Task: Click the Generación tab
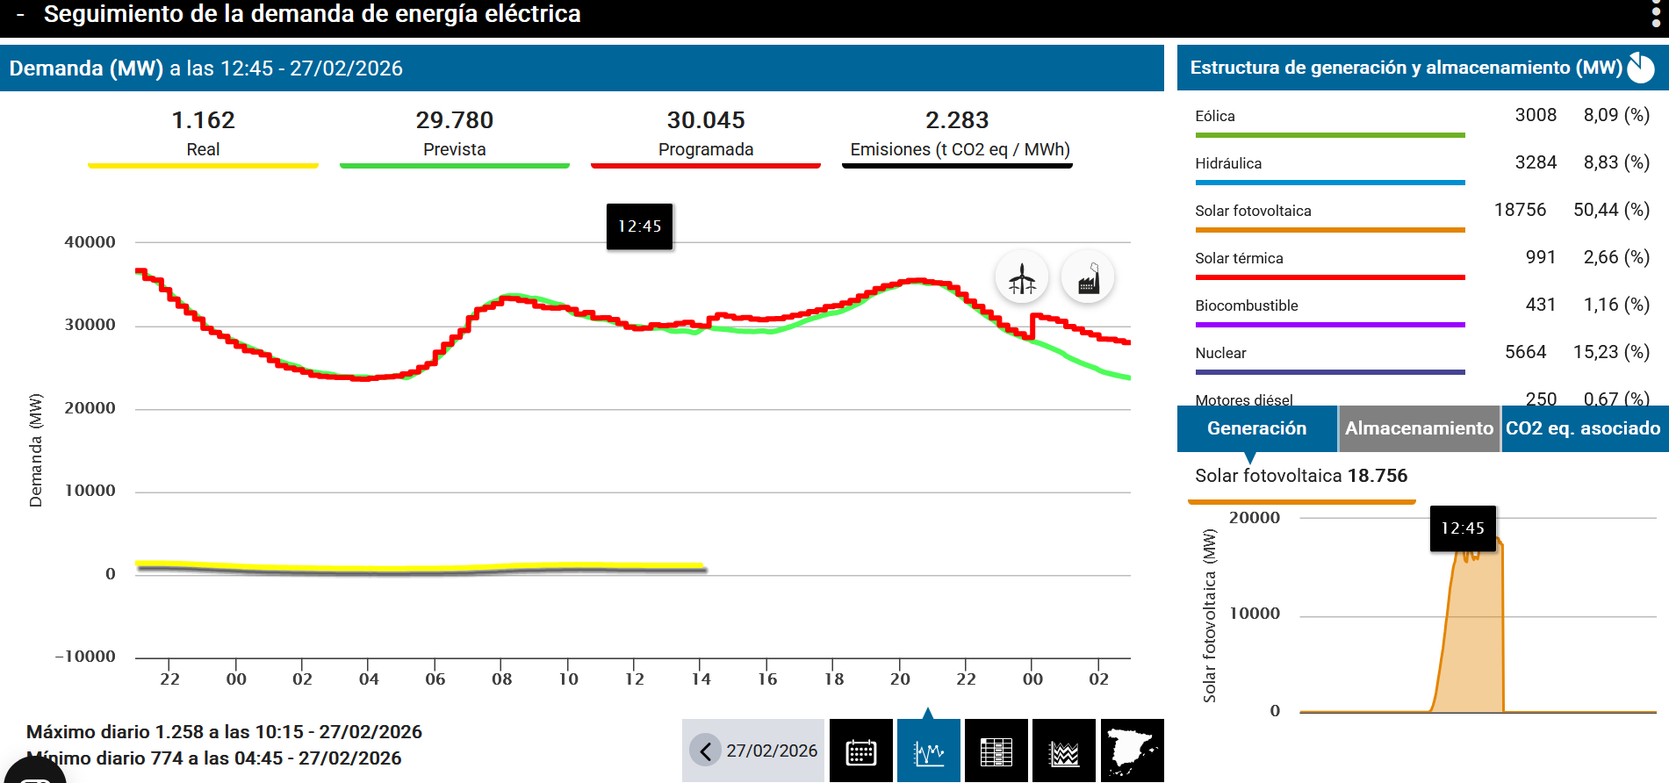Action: tap(1256, 428)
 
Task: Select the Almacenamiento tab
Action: tap(1418, 428)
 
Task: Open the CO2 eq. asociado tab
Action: tap(1583, 428)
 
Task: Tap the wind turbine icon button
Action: tap(1022, 278)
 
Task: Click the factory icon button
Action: tap(1088, 278)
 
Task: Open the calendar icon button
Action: tap(860, 751)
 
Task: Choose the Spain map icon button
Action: tap(1132, 751)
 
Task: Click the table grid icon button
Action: tap(996, 751)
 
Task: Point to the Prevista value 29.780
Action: tap(454, 120)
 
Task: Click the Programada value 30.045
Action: tap(706, 120)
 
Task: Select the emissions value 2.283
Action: tap(957, 120)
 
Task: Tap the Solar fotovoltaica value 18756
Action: tap(1520, 210)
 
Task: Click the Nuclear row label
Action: tap(1220, 353)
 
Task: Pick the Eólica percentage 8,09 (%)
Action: tap(1616, 115)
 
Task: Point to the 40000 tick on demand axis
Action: tap(90, 242)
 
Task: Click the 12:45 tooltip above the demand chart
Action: tap(639, 226)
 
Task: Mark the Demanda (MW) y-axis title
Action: tap(36, 449)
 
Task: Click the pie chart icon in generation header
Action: tap(1640, 68)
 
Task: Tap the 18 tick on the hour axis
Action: tap(834, 679)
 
